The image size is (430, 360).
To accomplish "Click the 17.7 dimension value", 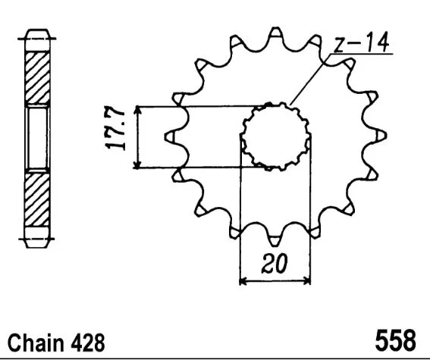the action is click(115, 128).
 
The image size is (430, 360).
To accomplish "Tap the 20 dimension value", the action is click(275, 264).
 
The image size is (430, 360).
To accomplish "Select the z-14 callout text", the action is click(362, 42).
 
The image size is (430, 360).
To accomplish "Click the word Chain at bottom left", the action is click(36, 343).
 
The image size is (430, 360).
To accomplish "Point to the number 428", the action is click(88, 343).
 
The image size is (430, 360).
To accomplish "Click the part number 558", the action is click(395, 340).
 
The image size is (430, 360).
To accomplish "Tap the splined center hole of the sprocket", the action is click(276, 136).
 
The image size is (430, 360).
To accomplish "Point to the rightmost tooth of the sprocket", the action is click(378, 136).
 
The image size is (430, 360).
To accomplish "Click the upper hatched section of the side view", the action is click(37, 77).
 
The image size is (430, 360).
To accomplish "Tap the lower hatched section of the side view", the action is click(37, 200).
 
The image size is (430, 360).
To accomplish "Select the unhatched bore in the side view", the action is click(37, 138).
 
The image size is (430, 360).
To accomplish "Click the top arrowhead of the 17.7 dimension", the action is click(137, 110).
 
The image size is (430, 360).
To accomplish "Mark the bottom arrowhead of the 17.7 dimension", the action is click(137, 164).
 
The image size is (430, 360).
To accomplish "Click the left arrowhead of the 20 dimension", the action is click(243, 281).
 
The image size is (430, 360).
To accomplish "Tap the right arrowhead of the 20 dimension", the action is click(307, 281).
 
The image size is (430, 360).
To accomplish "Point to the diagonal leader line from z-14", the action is click(309, 80).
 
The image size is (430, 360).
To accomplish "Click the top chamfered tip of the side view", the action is click(37, 33).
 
